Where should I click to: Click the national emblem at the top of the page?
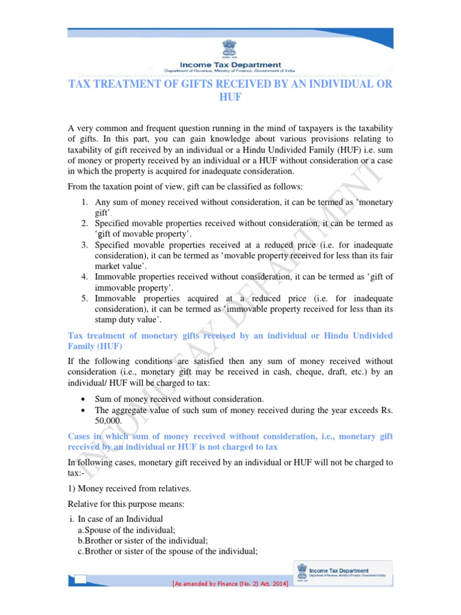pos(230,48)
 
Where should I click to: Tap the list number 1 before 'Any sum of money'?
pos(85,203)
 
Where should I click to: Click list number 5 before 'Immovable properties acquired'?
pos(85,298)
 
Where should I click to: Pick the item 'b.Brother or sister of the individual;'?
pos(143,541)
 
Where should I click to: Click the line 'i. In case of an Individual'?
pos(116,519)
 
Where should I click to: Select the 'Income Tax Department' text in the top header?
pos(230,65)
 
